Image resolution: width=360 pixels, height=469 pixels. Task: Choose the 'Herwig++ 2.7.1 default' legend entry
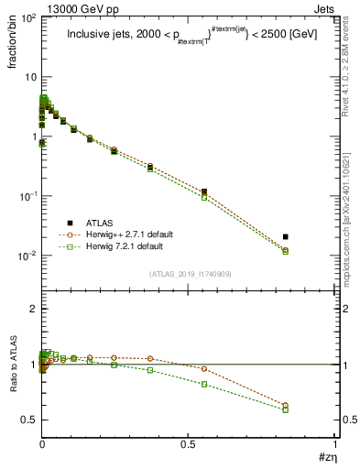[122, 235]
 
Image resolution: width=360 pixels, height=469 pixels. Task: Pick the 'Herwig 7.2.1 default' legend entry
[119, 247]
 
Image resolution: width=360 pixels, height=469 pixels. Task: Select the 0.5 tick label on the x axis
[188, 444]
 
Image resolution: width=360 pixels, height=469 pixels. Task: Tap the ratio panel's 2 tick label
[32, 309]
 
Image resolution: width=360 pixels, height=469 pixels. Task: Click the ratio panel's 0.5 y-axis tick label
[27, 420]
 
